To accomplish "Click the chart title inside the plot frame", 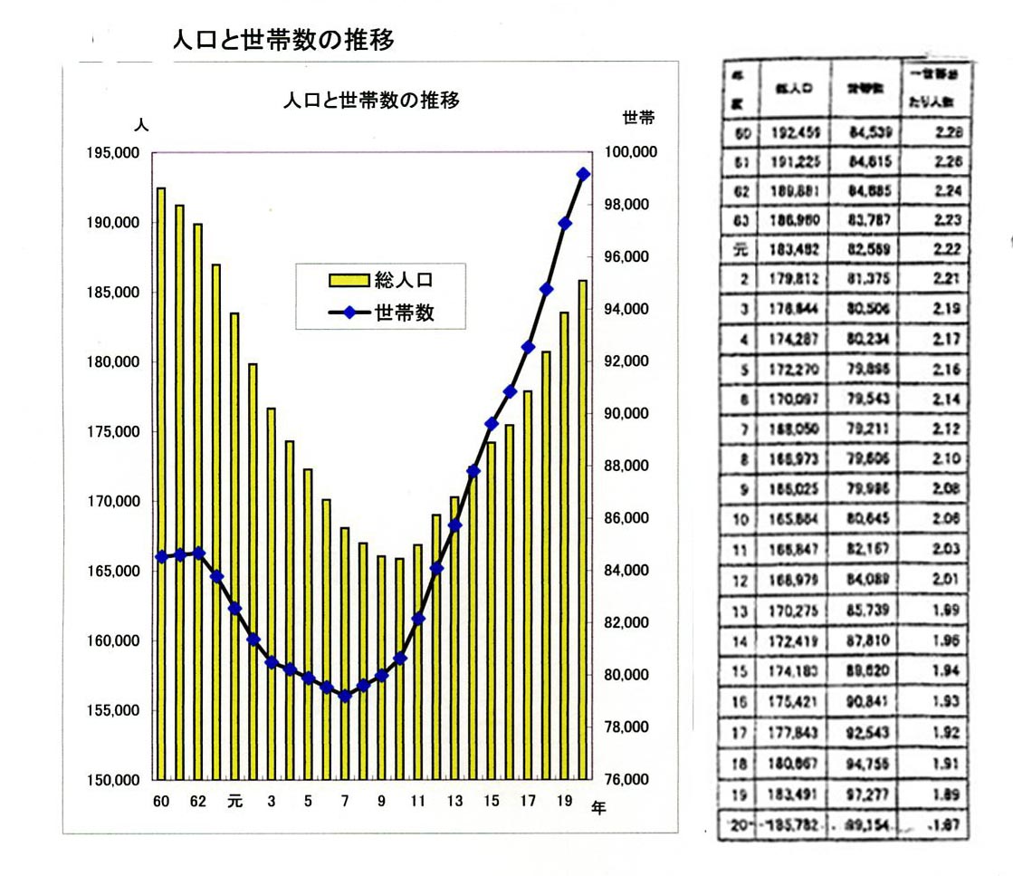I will (x=371, y=101).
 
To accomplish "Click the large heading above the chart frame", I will (x=283, y=41).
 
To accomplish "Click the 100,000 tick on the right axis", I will (x=630, y=153).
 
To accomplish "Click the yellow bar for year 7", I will (x=345, y=652).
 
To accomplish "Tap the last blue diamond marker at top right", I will (x=584, y=174).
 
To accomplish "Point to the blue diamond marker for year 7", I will (x=345, y=696).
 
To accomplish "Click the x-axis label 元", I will (x=235, y=802).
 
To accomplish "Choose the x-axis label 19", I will (x=565, y=802).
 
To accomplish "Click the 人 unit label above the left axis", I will (x=140, y=123).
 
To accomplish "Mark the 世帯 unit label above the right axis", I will (x=637, y=118).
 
